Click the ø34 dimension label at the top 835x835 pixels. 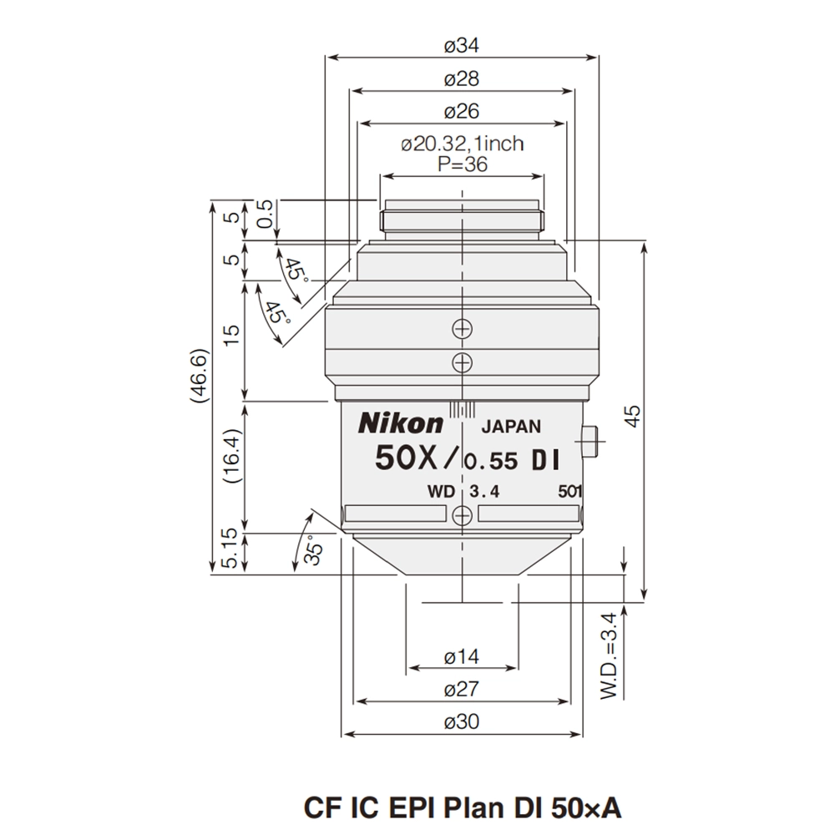[x=462, y=46]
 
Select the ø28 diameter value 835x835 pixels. [x=462, y=79]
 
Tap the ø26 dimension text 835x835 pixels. [x=462, y=111]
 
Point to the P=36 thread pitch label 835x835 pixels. [x=462, y=164]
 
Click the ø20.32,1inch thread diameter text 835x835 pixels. [x=462, y=144]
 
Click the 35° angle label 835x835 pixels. [x=311, y=551]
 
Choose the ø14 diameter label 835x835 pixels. [x=462, y=657]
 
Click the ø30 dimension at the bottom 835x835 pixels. [x=462, y=722]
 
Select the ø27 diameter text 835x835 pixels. [x=462, y=690]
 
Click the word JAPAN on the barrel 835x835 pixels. [x=512, y=426]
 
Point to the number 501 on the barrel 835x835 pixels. [x=569, y=492]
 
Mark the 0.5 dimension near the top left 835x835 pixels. [x=266, y=216]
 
